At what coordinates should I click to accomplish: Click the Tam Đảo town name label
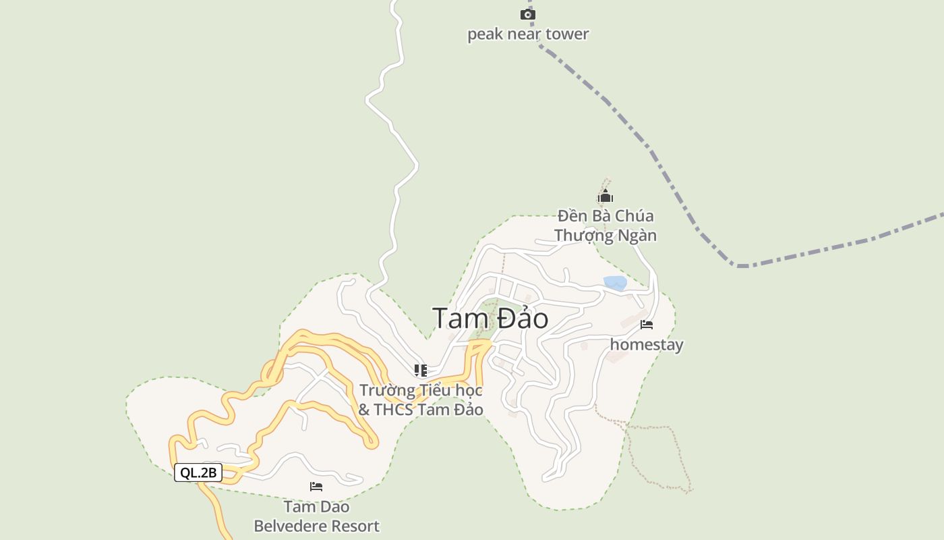pyautogui.click(x=490, y=319)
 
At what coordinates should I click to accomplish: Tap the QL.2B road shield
pyautogui.click(x=198, y=473)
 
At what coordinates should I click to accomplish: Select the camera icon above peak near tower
pyautogui.click(x=528, y=14)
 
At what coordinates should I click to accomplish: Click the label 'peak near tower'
pyautogui.click(x=528, y=34)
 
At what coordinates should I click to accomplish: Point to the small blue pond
pyautogui.click(x=615, y=283)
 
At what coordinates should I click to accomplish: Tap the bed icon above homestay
pyautogui.click(x=647, y=325)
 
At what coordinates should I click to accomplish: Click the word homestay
pyautogui.click(x=647, y=345)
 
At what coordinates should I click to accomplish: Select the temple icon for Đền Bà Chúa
pyautogui.click(x=606, y=196)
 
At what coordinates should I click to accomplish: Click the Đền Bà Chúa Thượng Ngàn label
pyautogui.click(x=606, y=225)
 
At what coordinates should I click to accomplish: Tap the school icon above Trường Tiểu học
pyautogui.click(x=421, y=370)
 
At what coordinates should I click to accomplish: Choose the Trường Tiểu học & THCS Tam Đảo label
pyautogui.click(x=421, y=400)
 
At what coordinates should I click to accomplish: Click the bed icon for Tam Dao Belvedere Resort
pyautogui.click(x=316, y=486)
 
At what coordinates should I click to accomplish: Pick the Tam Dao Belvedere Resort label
pyautogui.click(x=316, y=516)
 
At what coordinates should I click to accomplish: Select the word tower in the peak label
pyautogui.click(x=568, y=34)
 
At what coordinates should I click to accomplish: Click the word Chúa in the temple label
pyautogui.click(x=635, y=216)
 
